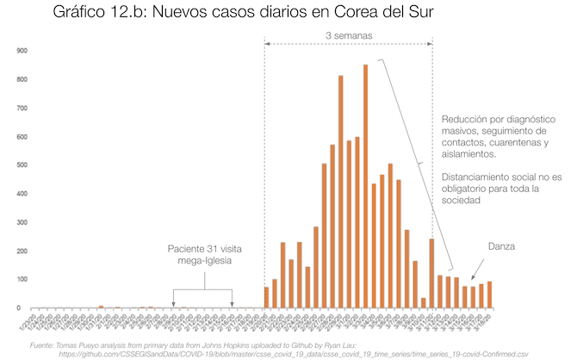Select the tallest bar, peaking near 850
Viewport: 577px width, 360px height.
[365, 186]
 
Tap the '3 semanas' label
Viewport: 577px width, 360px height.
[349, 36]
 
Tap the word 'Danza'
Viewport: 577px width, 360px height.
[500, 246]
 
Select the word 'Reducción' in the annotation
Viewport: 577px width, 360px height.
[465, 118]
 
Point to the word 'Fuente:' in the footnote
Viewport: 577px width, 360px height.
[45, 344]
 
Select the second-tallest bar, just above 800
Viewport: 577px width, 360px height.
[340, 191]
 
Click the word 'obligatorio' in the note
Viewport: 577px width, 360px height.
[469, 189]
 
